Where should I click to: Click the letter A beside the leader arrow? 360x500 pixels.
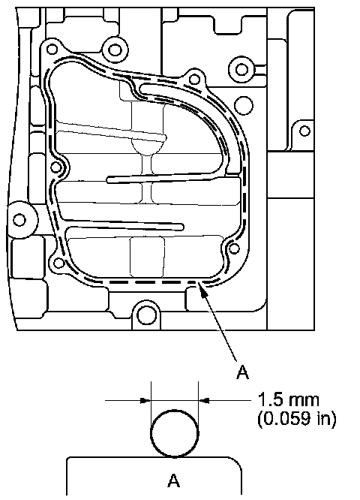pyautogui.click(x=242, y=372)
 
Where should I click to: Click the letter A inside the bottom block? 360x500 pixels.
pyautogui.click(x=174, y=480)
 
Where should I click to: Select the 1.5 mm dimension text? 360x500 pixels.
pyautogui.click(x=288, y=400)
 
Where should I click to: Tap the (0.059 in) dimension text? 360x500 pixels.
pyautogui.click(x=296, y=419)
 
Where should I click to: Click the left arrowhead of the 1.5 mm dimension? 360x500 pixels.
pyautogui.click(x=145, y=400)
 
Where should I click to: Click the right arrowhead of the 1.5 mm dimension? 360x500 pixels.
pyautogui.click(x=204, y=400)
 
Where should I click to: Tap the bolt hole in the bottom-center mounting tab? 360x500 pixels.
pyautogui.click(x=146, y=315)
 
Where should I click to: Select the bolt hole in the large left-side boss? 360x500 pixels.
pyautogui.click(x=19, y=220)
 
